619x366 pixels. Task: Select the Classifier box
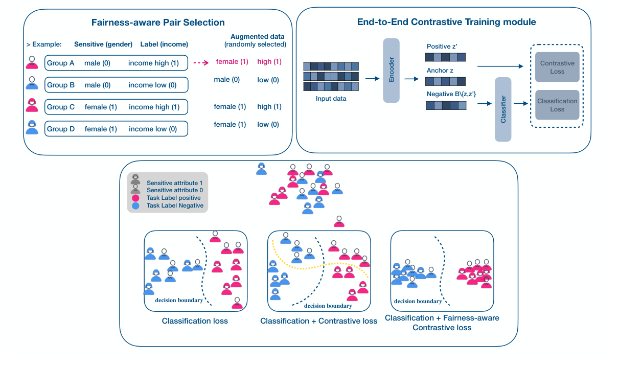pyautogui.click(x=503, y=109)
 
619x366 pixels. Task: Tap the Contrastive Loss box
pyautogui.click(x=557, y=67)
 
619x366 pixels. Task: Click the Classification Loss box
pyautogui.click(x=557, y=105)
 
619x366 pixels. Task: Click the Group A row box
pyautogui.click(x=117, y=63)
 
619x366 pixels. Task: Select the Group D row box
pyautogui.click(x=117, y=129)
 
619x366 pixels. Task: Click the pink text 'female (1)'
pyautogui.click(x=232, y=62)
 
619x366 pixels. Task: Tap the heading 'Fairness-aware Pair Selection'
pyautogui.click(x=158, y=22)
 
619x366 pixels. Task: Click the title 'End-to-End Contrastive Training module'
pyautogui.click(x=446, y=22)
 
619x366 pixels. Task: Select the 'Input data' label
pyautogui.click(x=331, y=98)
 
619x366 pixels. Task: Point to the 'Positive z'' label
pyautogui.click(x=442, y=46)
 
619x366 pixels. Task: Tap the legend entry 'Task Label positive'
pyautogui.click(x=173, y=198)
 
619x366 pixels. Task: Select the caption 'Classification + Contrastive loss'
pyautogui.click(x=318, y=321)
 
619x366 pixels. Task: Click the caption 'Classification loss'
pyautogui.click(x=195, y=321)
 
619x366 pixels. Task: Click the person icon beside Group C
pyautogui.click(x=32, y=105)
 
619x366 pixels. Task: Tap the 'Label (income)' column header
pyautogui.click(x=164, y=44)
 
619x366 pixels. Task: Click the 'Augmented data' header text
pyautogui.click(x=257, y=37)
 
